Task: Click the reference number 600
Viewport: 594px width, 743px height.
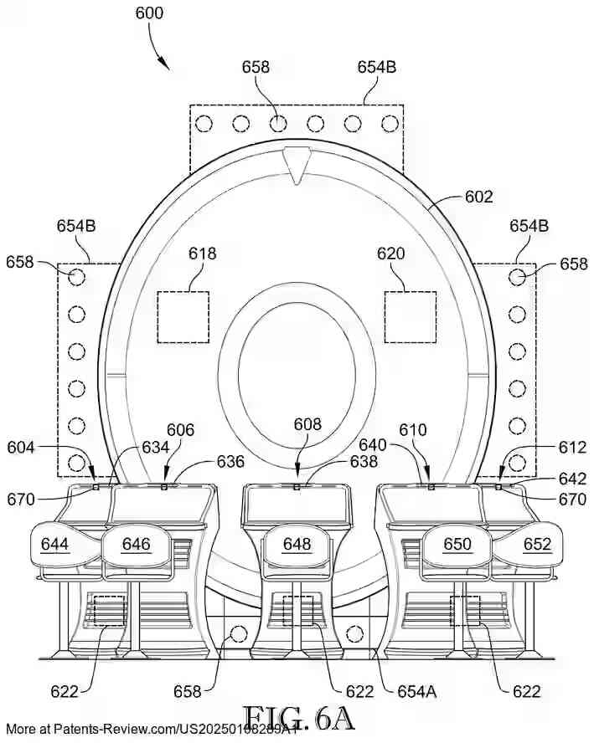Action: click(x=148, y=13)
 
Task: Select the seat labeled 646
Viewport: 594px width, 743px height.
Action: click(x=136, y=545)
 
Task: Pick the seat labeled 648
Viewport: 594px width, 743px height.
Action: click(x=297, y=545)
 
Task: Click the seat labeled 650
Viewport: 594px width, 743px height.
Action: click(x=457, y=545)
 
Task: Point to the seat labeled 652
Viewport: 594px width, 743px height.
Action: click(x=537, y=545)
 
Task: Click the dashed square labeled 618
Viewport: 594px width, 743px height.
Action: click(x=183, y=316)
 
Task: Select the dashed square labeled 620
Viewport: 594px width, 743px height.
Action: click(x=410, y=316)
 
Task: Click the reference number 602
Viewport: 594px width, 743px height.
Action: click(x=478, y=197)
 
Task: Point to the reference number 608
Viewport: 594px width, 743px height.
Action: click(x=307, y=424)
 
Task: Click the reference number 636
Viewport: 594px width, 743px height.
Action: click(x=230, y=462)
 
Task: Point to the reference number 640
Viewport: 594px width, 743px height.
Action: click(x=373, y=445)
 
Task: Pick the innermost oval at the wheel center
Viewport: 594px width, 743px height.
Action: click(x=297, y=370)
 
